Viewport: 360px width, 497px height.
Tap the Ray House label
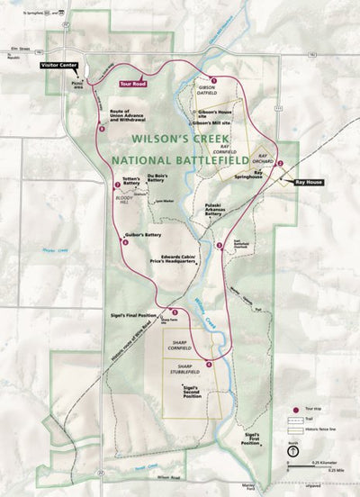coord(307,182)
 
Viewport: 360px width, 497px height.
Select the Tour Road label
coord(132,83)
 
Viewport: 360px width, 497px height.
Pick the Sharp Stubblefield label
coord(184,369)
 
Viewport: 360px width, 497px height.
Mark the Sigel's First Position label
coord(250,438)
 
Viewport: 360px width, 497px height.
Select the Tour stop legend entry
coord(310,409)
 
